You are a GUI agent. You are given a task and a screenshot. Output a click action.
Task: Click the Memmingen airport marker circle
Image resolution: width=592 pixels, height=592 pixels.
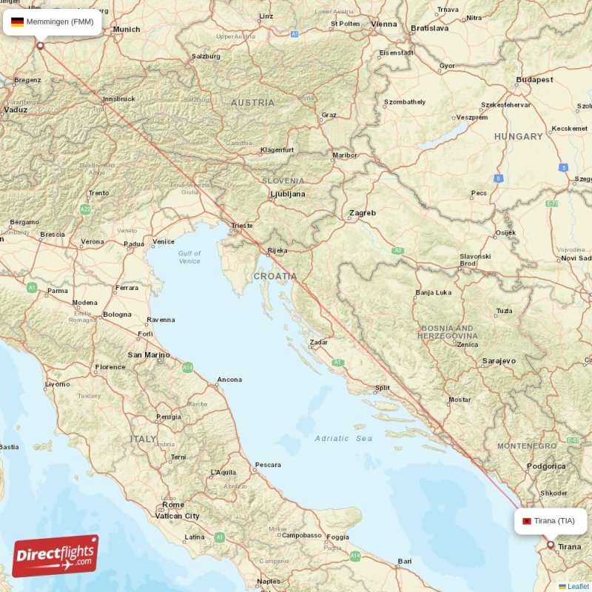[41, 46]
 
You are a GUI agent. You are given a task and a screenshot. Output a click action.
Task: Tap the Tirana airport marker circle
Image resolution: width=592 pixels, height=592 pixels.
[550, 545]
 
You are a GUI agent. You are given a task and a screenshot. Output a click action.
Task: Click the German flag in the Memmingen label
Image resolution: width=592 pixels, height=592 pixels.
[17, 22]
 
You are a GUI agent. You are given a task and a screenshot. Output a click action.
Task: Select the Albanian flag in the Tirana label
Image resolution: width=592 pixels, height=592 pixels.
[526, 521]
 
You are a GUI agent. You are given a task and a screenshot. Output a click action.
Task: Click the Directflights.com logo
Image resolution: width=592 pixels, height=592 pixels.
[55, 556]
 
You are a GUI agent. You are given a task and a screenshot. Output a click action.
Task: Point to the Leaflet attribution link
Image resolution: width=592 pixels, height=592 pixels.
[578, 586]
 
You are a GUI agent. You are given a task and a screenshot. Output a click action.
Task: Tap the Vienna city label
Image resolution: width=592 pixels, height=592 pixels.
[384, 24]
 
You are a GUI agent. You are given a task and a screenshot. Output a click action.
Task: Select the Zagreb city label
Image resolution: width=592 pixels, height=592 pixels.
[363, 213]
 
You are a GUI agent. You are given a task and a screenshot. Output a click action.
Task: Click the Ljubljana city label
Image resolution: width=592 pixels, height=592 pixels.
[287, 194]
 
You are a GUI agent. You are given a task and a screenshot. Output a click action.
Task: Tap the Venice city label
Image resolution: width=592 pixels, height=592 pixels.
[164, 241]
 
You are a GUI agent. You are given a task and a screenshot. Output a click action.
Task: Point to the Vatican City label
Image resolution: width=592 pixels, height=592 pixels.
[177, 516]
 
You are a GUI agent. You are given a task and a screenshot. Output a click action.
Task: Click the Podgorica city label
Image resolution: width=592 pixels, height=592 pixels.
[546, 466]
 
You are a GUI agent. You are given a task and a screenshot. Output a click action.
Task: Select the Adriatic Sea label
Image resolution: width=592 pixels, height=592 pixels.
[343, 438]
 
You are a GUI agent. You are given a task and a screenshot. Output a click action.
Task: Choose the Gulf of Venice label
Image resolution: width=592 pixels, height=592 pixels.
[189, 257]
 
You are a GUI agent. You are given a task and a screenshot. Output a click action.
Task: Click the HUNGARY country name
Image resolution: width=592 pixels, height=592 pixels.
[518, 137]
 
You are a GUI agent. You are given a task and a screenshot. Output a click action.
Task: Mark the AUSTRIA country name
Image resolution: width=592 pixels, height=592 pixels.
[252, 103]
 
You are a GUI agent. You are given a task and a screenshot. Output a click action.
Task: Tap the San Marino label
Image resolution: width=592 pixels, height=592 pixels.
[149, 355]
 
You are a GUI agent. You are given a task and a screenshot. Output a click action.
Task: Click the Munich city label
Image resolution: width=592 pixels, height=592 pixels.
[127, 30]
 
